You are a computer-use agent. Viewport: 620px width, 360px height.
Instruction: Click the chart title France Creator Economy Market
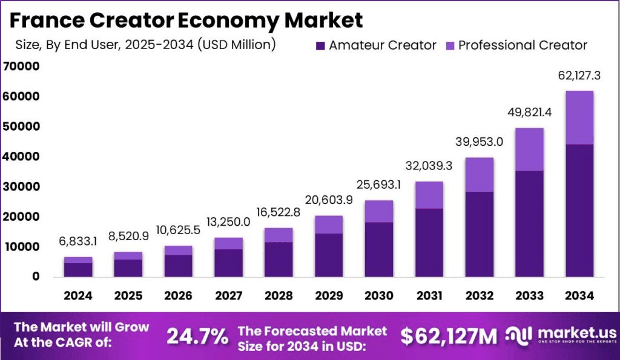(x=186, y=20)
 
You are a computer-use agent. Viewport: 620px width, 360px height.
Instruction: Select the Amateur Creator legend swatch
(x=321, y=45)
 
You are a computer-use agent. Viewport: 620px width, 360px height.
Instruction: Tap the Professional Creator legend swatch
(x=450, y=45)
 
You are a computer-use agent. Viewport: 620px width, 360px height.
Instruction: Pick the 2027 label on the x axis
(x=229, y=296)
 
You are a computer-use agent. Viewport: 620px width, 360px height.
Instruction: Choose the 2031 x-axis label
(x=429, y=296)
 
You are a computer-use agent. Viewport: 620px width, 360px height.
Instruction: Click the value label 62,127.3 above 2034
(x=579, y=76)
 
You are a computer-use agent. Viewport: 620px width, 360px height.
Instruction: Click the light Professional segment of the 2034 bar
(x=579, y=117)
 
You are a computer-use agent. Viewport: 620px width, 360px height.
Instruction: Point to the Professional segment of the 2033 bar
(x=529, y=149)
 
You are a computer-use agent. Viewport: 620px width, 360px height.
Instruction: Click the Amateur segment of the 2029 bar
(x=329, y=255)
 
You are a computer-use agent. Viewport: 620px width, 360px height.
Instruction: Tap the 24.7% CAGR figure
(x=197, y=336)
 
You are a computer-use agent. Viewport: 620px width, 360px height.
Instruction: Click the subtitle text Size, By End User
(x=145, y=44)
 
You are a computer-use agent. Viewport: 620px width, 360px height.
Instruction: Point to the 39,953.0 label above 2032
(x=479, y=143)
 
